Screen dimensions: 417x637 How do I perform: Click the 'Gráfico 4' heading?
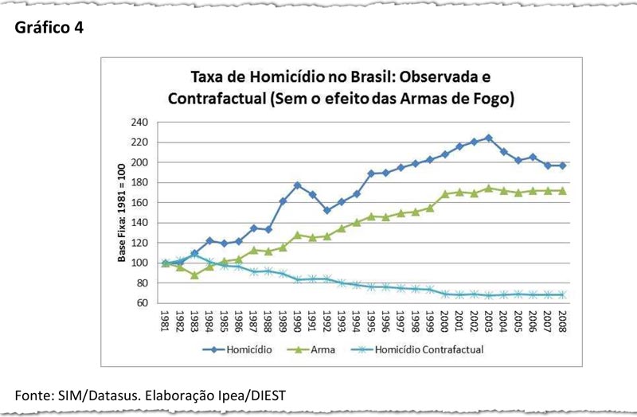tap(49, 27)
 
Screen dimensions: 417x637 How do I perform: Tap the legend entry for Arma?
tap(315, 349)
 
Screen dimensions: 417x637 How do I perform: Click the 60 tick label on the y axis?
tap(143, 303)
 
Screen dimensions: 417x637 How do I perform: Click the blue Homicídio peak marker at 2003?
tap(489, 138)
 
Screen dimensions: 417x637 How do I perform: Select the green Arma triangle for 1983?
tap(193, 275)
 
